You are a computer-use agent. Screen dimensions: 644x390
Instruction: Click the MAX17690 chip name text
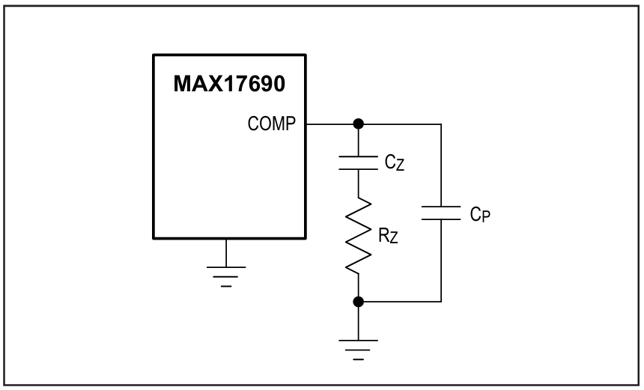229,84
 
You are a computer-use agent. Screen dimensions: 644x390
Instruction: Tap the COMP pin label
272,124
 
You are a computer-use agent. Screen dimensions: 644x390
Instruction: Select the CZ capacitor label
395,163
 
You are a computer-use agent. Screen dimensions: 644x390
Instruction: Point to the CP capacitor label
480,214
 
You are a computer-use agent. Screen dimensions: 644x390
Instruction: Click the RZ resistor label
388,236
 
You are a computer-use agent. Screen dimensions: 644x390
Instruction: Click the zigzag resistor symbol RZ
358,235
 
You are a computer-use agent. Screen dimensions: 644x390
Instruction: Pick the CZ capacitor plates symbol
358,162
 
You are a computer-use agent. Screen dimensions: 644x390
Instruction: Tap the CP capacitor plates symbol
441,213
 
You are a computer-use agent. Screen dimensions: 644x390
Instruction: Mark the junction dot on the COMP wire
359,124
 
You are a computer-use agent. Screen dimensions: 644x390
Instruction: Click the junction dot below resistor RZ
359,302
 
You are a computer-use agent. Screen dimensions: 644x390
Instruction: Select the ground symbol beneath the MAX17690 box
226,277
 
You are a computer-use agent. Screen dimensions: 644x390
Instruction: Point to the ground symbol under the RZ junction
358,350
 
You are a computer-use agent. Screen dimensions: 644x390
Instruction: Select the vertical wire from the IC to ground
226,252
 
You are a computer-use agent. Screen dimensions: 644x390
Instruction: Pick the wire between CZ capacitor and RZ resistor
358,183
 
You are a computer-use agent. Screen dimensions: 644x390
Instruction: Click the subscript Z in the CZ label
400,165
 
